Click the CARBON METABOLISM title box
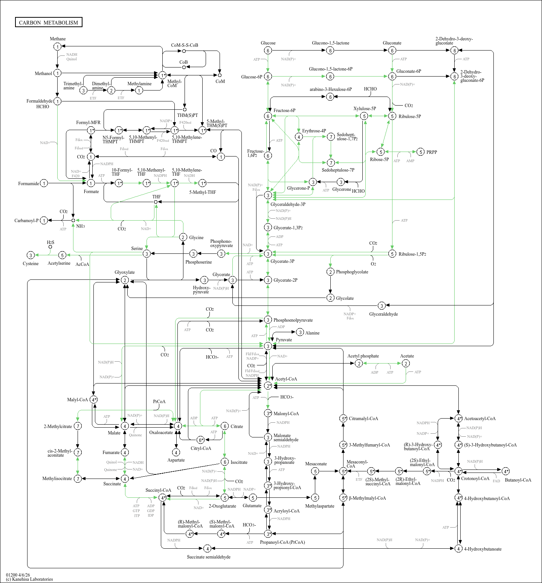point(49,22)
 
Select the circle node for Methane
point(57,46)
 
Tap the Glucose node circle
point(268,51)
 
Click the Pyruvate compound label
point(284,340)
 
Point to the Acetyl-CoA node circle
point(268,386)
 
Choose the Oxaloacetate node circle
point(178,426)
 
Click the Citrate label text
point(237,427)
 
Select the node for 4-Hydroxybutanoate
point(458,548)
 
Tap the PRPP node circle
point(421,152)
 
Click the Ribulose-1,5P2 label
point(412,254)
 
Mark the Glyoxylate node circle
point(125,280)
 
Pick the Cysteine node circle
point(31,255)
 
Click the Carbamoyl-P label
point(26,221)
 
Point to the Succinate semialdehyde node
point(207,548)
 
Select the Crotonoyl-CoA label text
point(475,479)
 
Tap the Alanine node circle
point(300,332)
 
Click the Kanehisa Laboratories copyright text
point(29,579)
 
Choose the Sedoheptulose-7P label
point(338,170)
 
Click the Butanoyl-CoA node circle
point(505,471)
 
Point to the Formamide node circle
point(44,183)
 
